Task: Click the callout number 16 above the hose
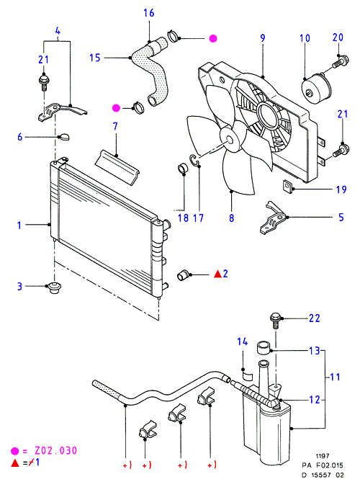tap(148, 13)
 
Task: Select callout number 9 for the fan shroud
tap(263, 38)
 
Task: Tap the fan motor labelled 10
tap(317, 88)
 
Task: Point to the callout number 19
tap(341, 189)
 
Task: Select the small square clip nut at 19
tap(287, 185)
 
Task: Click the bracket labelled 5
tap(272, 218)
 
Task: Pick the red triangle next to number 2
tap(218, 274)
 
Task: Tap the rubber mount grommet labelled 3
tap(54, 288)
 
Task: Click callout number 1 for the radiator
tap(19, 225)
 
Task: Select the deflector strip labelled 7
tap(117, 168)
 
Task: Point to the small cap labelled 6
tap(64, 137)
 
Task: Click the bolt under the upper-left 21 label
tap(44, 82)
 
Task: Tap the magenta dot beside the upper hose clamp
tap(213, 38)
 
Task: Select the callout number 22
tap(314, 318)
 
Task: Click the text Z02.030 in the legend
tap(55, 451)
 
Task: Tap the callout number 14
tap(243, 341)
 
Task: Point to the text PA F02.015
tap(323, 465)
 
